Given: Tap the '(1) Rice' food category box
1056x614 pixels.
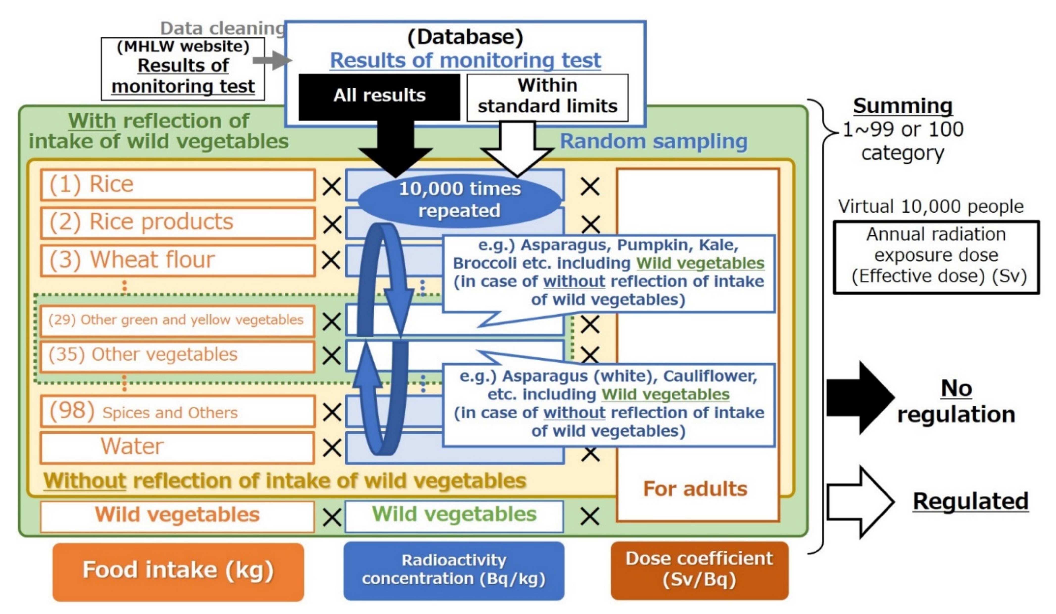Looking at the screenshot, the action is (x=178, y=184).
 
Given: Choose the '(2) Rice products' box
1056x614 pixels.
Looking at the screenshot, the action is (x=178, y=222).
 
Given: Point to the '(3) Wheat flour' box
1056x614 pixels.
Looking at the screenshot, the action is (x=178, y=260).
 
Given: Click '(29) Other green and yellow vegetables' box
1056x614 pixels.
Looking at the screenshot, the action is (x=178, y=321).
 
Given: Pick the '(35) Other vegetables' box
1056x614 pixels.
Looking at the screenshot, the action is (x=178, y=356).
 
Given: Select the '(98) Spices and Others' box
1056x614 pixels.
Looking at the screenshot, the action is (x=178, y=412).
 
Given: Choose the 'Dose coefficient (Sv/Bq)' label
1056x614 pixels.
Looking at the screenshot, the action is (x=699, y=570).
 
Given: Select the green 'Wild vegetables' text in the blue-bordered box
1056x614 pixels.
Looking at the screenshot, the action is (x=454, y=514).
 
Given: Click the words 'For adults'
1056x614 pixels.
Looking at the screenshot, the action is (x=695, y=489).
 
